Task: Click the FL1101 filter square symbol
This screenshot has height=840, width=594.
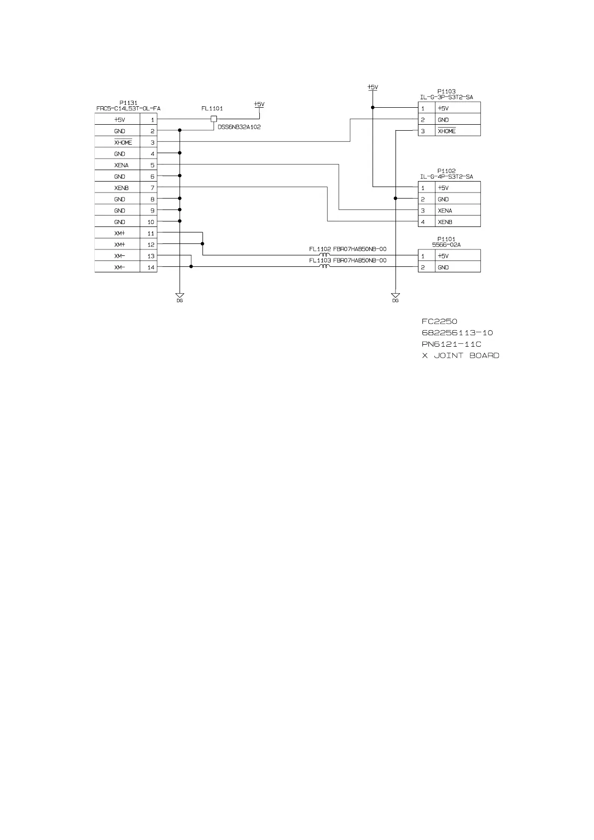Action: [214, 119]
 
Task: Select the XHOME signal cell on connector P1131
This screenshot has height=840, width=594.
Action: [123, 143]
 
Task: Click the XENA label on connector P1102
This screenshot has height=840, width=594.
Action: [445, 210]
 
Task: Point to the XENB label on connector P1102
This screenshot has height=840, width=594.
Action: [445, 222]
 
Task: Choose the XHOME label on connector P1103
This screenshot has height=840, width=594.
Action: [446, 131]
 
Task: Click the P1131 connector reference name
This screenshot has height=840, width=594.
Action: [128, 103]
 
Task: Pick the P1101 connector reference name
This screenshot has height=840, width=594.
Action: [446, 239]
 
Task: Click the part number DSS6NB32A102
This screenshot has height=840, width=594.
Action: [239, 127]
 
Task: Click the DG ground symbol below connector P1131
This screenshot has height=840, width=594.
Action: [180, 296]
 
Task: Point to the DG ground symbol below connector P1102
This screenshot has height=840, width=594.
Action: [395, 296]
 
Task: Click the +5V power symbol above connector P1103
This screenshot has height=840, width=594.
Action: [372, 88]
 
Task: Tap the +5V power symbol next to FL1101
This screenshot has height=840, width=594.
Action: [259, 105]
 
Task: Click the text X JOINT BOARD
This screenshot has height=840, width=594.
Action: [460, 356]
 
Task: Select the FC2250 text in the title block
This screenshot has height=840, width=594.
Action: [439, 321]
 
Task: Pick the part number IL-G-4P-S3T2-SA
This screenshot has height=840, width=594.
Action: [446, 177]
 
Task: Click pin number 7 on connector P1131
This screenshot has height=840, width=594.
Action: [152, 188]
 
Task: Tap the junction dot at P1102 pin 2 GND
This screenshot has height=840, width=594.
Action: [395, 199]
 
